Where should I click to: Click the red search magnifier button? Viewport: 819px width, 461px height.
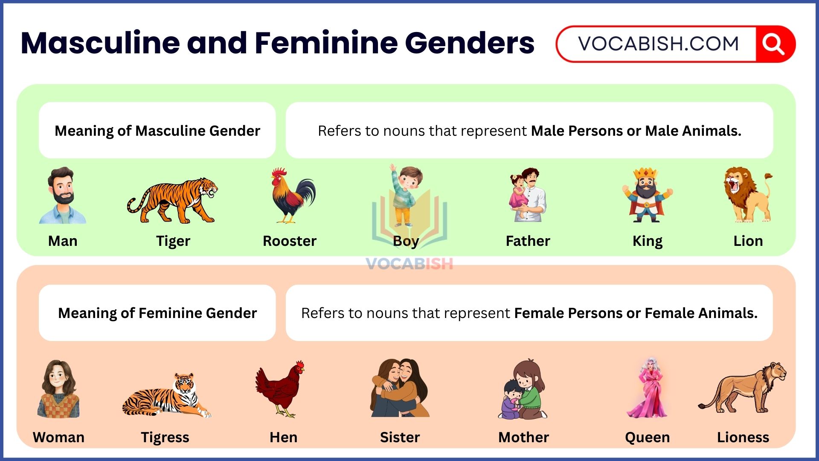click(x=774, y=44)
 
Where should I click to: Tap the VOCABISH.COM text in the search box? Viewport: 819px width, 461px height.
click(x=658, y=44)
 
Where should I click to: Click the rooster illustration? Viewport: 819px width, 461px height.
click(x=293, y=195)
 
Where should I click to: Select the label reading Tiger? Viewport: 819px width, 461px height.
click(x=173, y=241)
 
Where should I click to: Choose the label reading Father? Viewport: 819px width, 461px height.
click(x=528, y=241)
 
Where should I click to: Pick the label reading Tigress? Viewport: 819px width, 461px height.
click(x=165, y=438)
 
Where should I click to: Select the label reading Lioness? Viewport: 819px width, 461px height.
click(x=743, y=438)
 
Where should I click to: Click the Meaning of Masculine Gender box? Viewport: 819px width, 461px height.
click(x=157, y=131)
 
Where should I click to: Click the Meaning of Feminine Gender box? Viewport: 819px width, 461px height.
click(x=157, y=313)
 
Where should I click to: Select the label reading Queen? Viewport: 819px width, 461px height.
click(x=647, y=438)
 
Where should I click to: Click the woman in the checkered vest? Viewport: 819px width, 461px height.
click(x=58, y=389)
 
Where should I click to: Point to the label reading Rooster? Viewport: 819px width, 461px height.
click(x=289, y=241)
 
